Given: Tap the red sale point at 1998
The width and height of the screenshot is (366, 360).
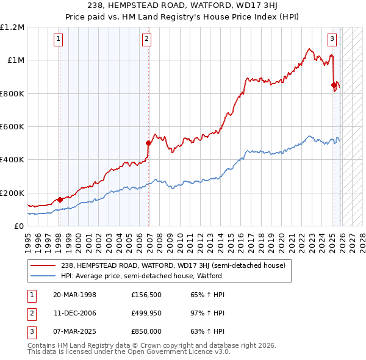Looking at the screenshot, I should point(60,200).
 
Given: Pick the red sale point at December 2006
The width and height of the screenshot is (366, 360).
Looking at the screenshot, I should point(148,143).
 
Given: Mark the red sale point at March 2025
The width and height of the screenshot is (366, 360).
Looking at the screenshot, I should point(334,85).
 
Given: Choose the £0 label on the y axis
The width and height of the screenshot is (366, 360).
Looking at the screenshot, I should point(18,226).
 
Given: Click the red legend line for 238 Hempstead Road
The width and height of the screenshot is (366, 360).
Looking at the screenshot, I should point(43,265).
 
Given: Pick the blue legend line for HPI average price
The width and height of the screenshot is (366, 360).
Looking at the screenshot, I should point(43,276).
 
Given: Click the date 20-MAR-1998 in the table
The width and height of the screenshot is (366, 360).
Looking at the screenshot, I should point(75,295).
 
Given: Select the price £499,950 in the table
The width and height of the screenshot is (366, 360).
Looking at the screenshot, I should point(146,313).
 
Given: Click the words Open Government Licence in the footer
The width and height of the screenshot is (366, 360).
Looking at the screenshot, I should point(183,352).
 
